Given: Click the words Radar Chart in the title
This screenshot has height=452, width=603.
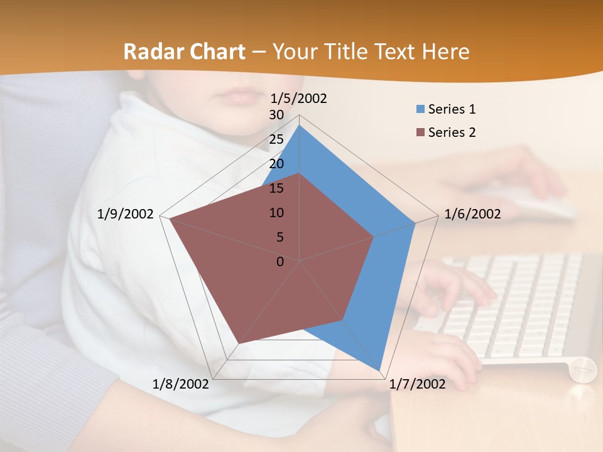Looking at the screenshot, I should [184, 51].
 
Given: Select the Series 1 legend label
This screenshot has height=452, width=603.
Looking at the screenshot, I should [452, 109].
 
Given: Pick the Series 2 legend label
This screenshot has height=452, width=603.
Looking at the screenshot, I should [452, 132].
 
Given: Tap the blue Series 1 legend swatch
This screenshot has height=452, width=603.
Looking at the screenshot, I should [420, 109].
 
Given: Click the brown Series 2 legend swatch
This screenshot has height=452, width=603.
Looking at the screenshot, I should [420, 132].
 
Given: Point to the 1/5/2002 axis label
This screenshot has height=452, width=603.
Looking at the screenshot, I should [299, 99].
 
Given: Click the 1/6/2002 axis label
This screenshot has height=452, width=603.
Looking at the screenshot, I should [472, 214].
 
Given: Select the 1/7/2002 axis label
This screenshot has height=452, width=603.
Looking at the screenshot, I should [418, 384].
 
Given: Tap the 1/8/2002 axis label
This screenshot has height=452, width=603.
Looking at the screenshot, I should [181, 384].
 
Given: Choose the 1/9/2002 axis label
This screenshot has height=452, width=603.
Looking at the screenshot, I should [126, 214].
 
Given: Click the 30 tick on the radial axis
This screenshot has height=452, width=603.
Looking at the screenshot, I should [276, 115].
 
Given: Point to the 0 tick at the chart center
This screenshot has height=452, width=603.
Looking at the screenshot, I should [280, 262].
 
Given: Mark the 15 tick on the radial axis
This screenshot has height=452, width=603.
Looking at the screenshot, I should [276, 188].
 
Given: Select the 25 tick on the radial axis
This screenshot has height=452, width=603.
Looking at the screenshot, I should [276, 139].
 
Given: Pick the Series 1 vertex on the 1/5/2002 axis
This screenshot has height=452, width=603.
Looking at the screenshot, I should [300, 126].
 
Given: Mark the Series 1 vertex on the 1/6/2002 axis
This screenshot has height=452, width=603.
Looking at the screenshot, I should [415, 223].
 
